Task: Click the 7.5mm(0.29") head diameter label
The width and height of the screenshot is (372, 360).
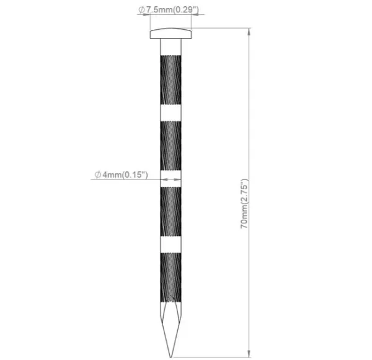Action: click(x=172, y=10)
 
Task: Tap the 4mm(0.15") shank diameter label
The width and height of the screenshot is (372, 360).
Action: click(x=125, y=175)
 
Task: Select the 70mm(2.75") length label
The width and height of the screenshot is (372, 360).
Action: click(x=244, y=204)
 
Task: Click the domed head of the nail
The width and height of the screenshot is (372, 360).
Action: click(x=170, y=34)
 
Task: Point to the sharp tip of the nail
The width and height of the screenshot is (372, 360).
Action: click(x=170, y=357)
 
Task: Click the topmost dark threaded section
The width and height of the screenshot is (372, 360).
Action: click(x=170, y=80)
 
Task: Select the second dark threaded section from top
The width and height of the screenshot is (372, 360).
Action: click(x=170, y=146)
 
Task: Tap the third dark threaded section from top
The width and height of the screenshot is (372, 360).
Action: click(x=170, y=212)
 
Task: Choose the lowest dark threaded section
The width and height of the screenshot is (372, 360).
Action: click(x=170, y=277)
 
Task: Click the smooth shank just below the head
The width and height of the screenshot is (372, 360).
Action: click(x=170, y=47)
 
